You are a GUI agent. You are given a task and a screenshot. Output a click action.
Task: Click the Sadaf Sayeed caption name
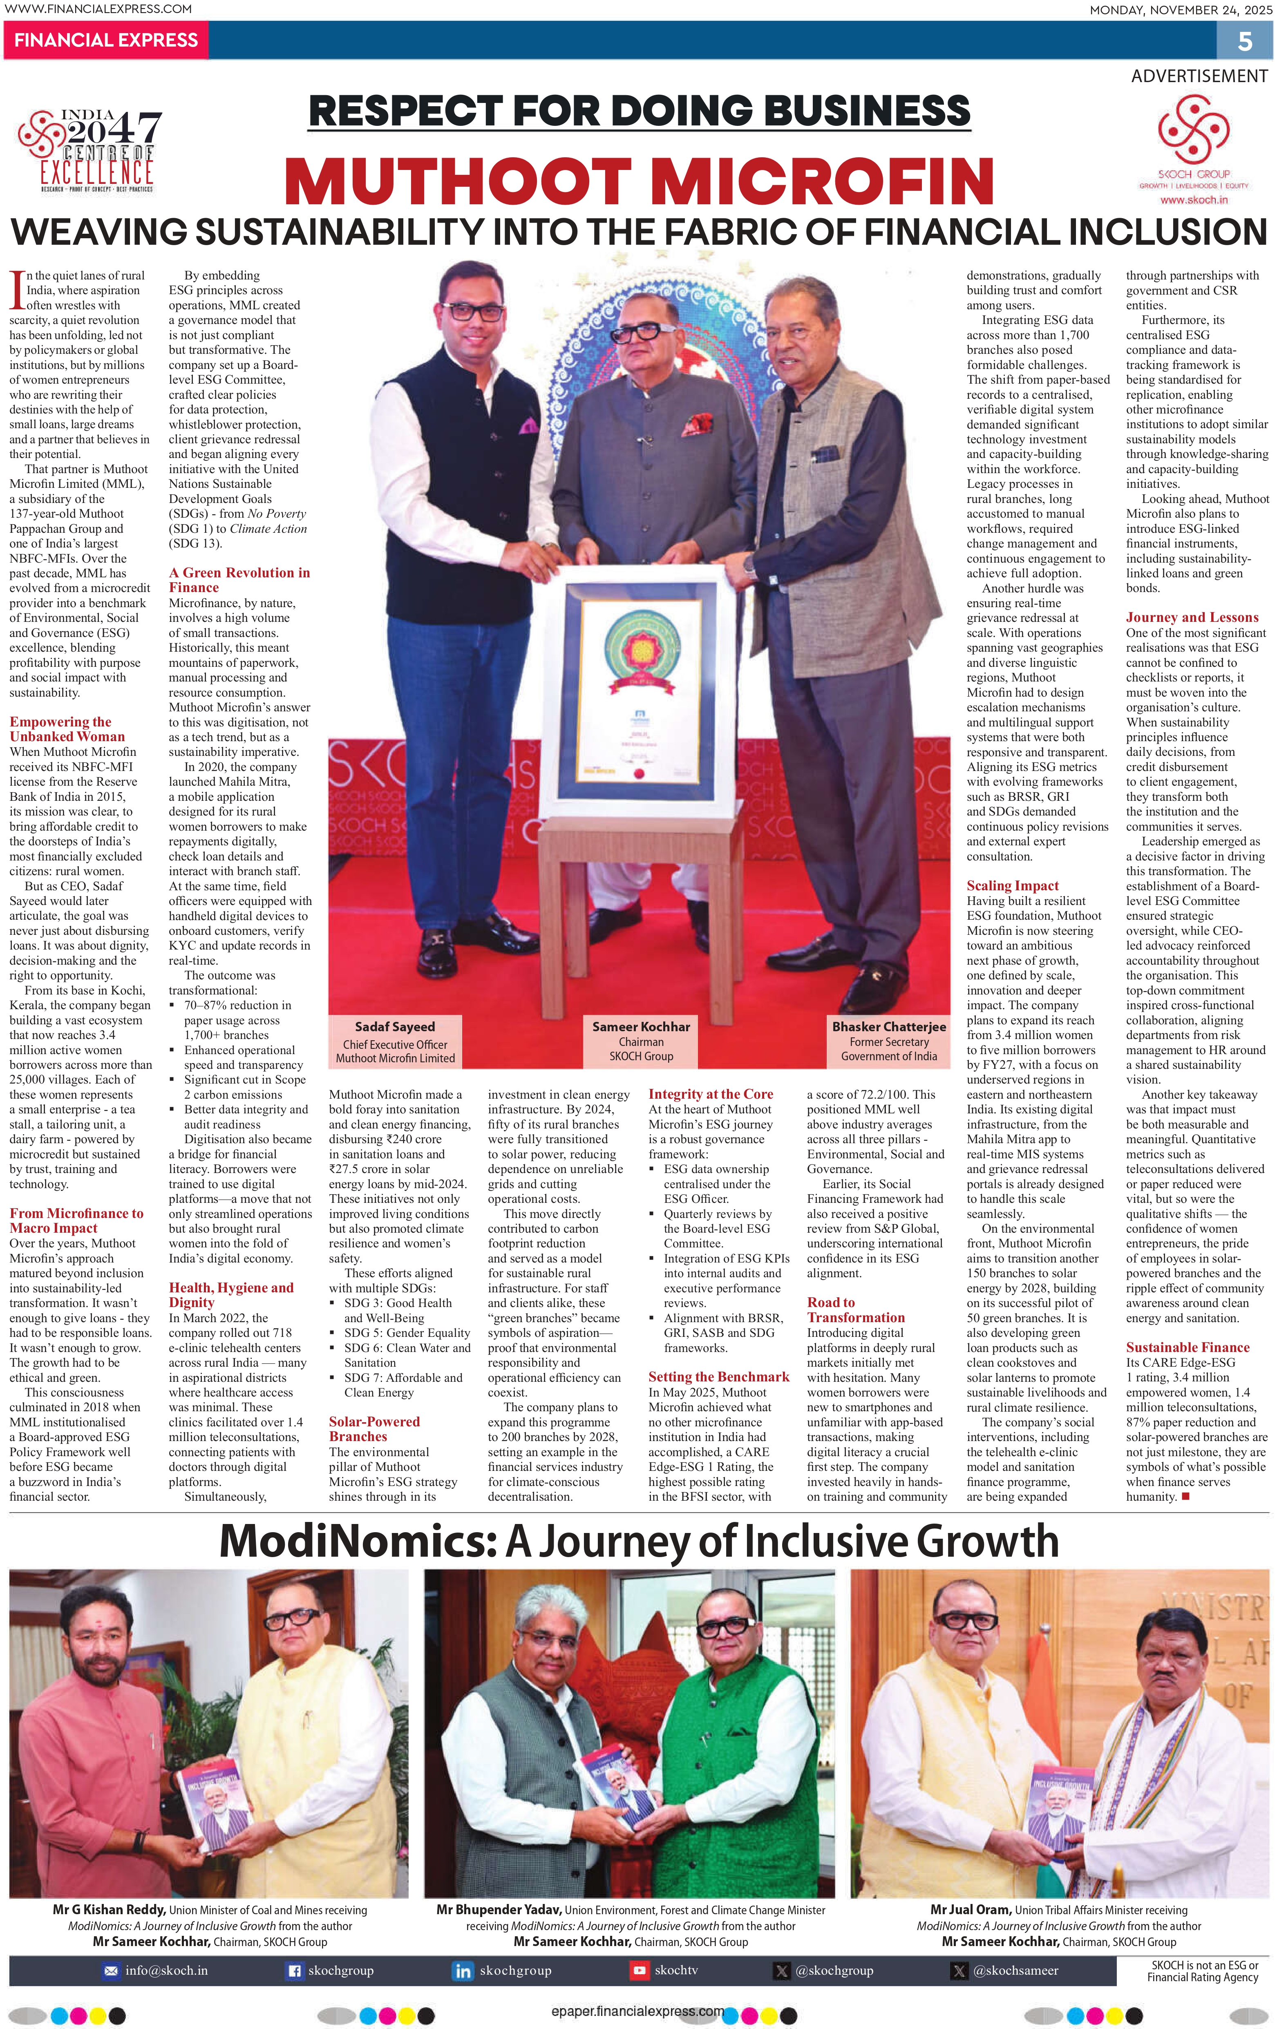pos(394,1026)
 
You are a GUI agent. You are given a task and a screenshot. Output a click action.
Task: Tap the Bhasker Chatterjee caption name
pos(888,1026)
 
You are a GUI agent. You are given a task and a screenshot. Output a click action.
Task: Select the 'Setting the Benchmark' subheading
pos(718,1377)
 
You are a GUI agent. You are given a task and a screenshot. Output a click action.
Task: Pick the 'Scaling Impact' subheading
pos(1012,885)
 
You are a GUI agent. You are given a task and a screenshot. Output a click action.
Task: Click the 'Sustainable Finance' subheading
pos(1187,1347)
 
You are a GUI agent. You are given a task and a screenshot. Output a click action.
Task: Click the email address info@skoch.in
pos(166,1971)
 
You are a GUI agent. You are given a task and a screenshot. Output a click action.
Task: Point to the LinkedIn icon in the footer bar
pos(463,1971)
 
